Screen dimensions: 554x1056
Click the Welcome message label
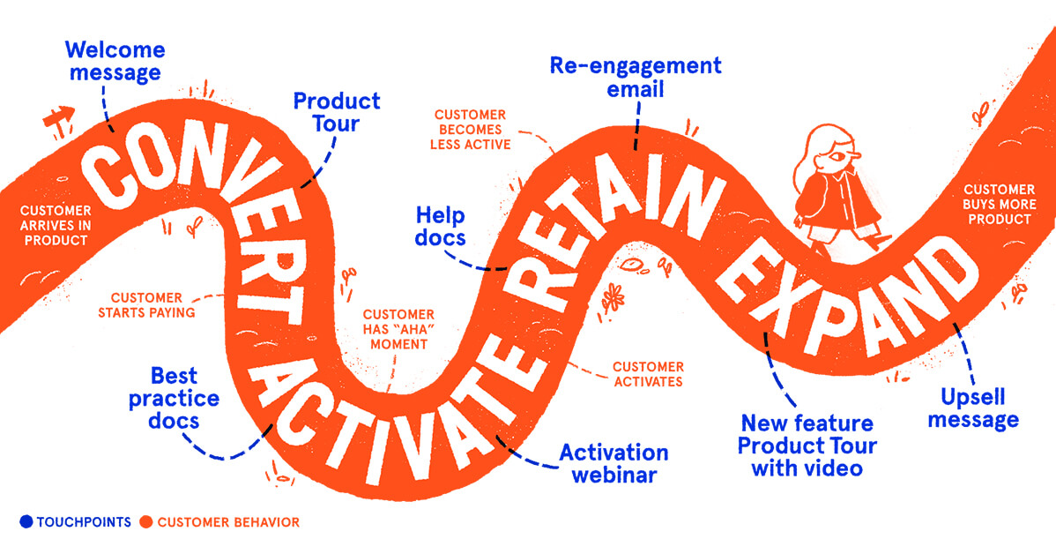click(114, 59)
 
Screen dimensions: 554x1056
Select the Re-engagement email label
click(635, 77)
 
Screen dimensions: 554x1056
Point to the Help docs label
click(441, 226)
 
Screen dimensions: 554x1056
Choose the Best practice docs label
click(174, 398)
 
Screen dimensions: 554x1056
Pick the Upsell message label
click(973, 408)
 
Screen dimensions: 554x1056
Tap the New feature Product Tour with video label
click(807, 445)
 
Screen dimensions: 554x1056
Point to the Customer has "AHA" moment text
click(398, 328)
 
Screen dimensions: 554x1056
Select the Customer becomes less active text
click(471, 129)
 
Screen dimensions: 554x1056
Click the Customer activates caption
click(647, 374)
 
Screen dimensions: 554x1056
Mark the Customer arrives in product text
click(56, 225)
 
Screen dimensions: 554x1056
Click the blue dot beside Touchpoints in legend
click(24, 522)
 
